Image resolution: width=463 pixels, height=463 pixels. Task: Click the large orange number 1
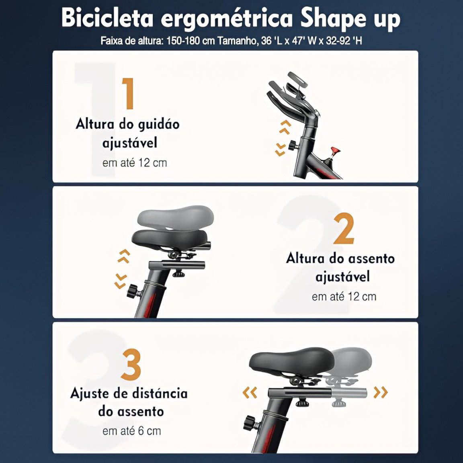(129, 93)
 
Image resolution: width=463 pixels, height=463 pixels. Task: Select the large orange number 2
(344, 229)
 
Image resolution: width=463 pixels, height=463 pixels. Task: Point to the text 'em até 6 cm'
(131, 431)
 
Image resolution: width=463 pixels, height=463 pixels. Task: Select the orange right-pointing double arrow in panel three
(381, 392)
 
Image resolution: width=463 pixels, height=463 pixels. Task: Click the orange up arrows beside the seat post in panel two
(124, 256)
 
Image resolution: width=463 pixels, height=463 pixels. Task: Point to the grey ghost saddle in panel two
(175, 216)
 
